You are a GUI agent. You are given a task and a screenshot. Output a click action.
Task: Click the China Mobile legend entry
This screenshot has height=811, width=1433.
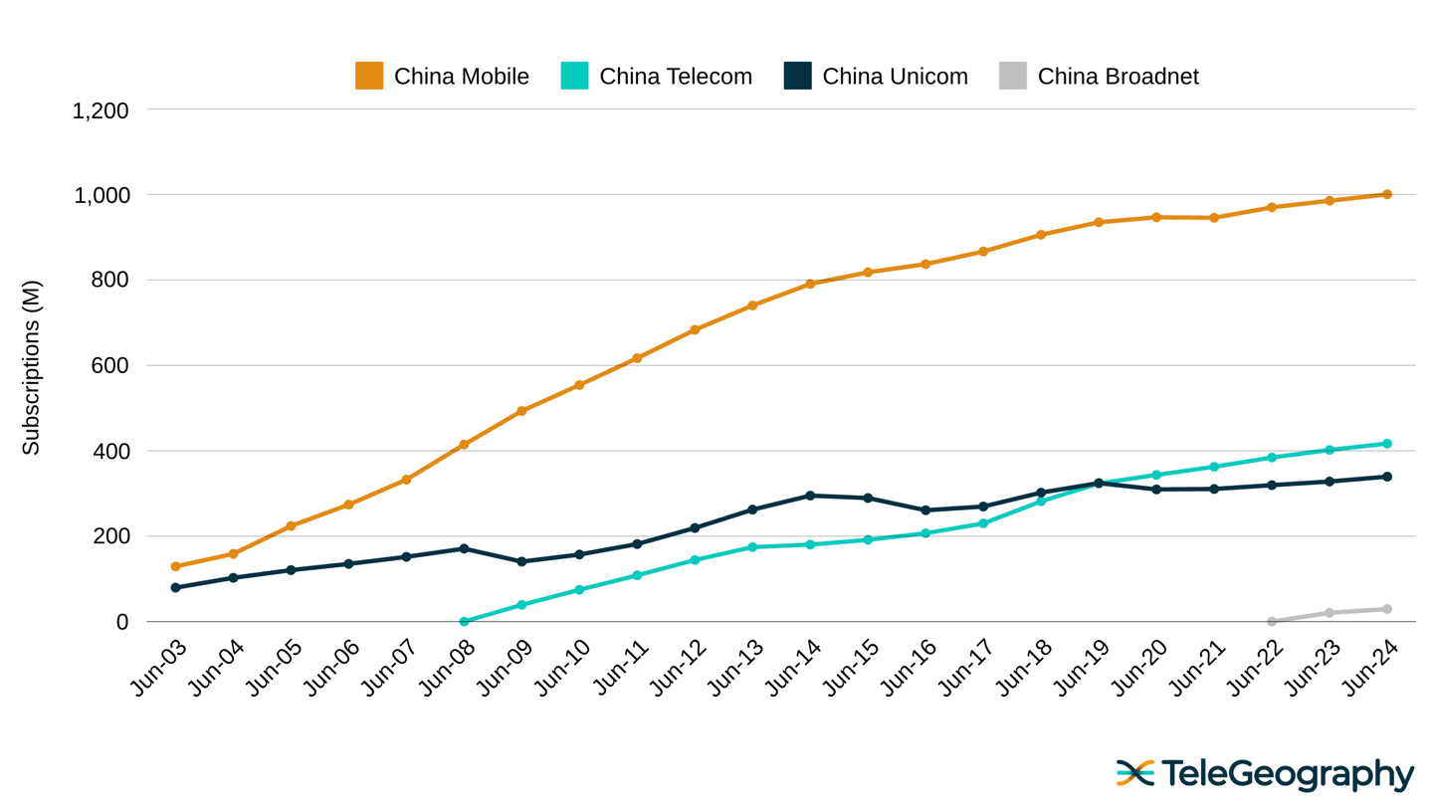pos(443,76)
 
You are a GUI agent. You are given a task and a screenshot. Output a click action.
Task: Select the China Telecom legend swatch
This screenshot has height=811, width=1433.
pos(574,76)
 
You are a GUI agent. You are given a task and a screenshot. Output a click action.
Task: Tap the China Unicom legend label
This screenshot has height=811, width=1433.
pos(894,76)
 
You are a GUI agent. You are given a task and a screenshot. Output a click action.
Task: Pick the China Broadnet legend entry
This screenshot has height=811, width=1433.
pos(1099,76)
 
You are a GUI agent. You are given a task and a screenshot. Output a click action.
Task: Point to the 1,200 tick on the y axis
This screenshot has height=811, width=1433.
pos(101,110)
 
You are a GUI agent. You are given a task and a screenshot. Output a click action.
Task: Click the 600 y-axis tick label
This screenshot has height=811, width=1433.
pos(109,365)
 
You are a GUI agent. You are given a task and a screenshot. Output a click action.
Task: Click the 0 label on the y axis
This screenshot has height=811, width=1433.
pos(122,622)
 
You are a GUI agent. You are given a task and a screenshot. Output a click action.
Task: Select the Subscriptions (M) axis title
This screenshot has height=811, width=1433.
pos(31,367)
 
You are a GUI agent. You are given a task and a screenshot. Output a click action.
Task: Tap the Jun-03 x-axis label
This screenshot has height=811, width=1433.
pos(159,668)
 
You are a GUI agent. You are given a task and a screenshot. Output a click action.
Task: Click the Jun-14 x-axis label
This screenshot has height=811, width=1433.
pos(793,668)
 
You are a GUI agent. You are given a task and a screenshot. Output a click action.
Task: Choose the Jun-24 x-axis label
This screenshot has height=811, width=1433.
pos(1370,668)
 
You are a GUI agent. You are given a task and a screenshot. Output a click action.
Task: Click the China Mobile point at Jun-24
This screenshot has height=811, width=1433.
pos(1386,195)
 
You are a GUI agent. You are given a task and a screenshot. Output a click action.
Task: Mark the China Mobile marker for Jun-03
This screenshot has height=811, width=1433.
pos(176,566)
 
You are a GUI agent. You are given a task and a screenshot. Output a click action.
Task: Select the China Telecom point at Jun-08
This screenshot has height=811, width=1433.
pos(464,622)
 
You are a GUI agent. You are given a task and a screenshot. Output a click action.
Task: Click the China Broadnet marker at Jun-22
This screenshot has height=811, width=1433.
pos(1272,622)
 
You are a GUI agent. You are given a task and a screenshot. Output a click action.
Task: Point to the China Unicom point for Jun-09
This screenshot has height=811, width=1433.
pos(521,561)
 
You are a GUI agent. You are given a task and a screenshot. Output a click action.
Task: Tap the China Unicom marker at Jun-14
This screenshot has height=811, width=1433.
pos(810,496)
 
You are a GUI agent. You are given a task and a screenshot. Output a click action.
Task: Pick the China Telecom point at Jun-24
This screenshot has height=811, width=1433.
pos(1386,444)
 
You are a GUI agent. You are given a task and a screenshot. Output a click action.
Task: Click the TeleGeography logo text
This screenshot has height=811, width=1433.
pos(1286,773)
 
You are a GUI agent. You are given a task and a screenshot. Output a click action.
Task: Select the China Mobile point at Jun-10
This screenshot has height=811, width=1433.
pos(579,385)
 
